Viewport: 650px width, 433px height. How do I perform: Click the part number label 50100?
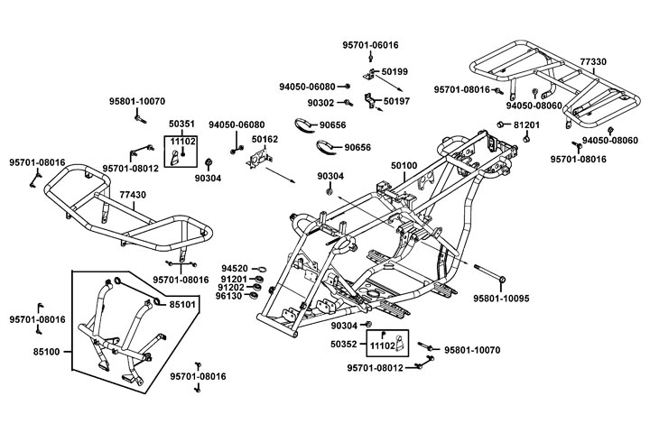(x=404, y=167)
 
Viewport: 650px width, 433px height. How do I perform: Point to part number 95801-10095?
(x=533, y=296)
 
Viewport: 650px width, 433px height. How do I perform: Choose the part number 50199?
(x=395, y=70)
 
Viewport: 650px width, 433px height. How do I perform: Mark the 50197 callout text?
(x=396, y=102)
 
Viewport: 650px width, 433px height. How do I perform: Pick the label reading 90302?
(x=321, y=103)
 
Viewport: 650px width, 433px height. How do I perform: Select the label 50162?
(x=265, y=140)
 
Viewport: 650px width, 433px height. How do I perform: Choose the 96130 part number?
(x=235, y=296)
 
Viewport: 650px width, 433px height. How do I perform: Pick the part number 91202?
(x=235, y=288)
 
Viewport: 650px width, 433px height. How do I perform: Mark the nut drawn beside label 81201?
(x=499, y=124)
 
